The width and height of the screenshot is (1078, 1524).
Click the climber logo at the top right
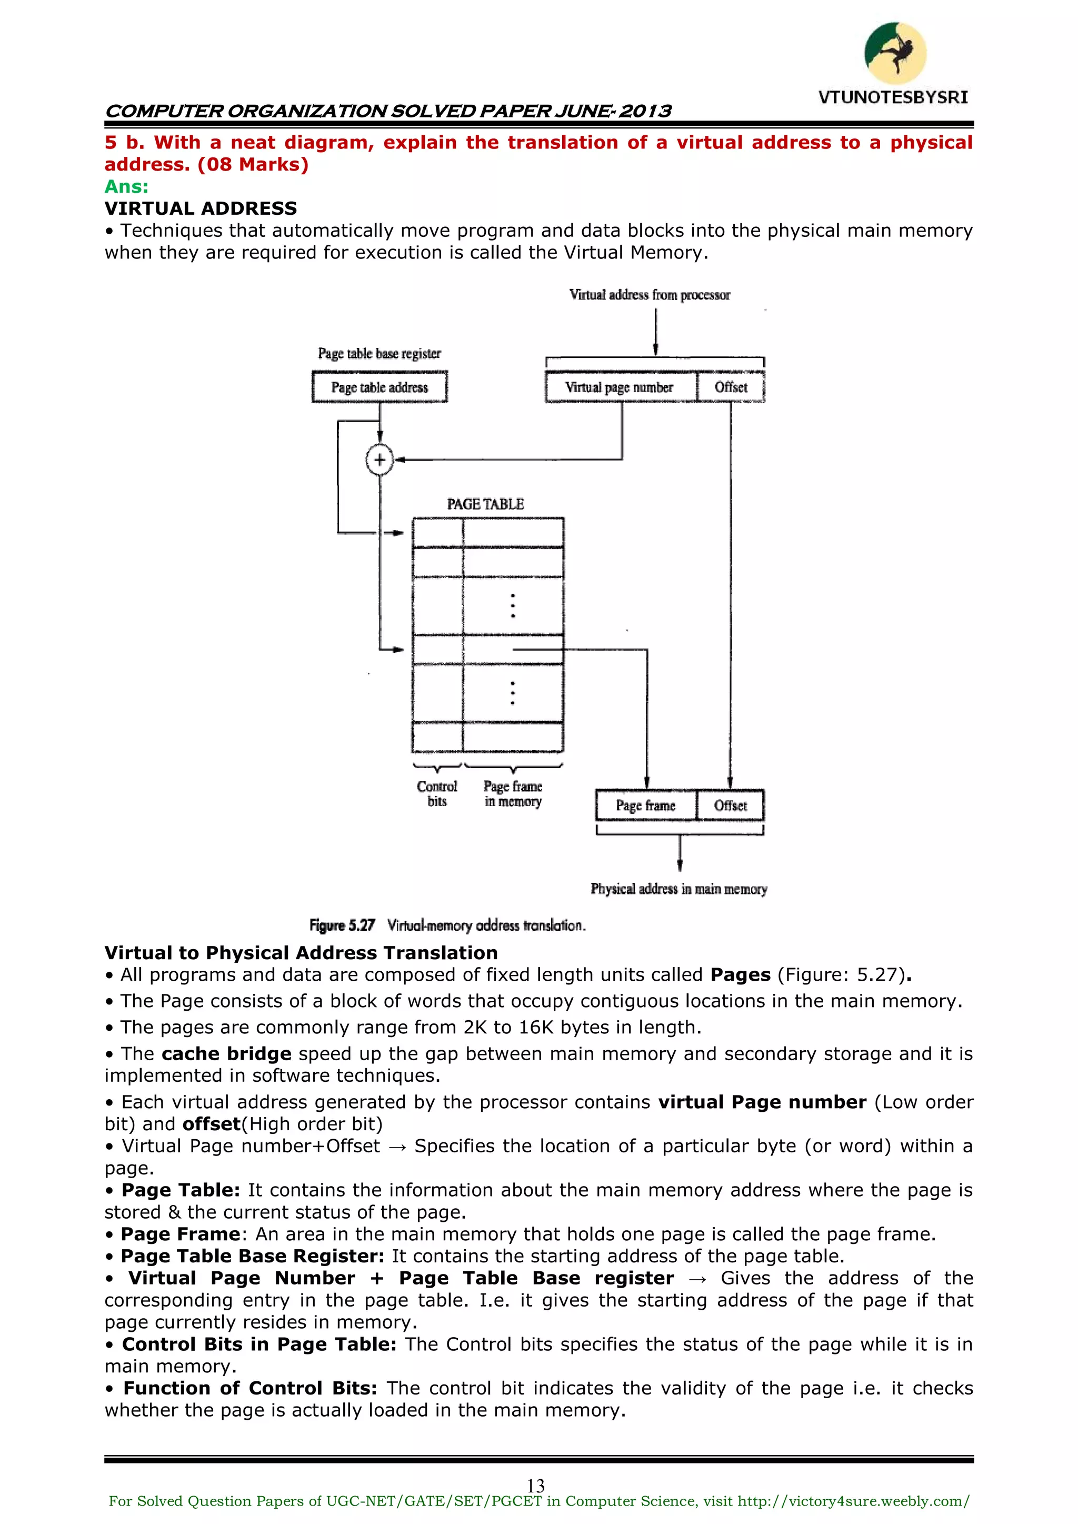[x=895, y=53]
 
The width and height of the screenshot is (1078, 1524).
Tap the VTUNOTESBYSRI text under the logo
[x=893, y=97]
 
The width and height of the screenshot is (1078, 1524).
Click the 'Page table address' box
[x=380, y=387]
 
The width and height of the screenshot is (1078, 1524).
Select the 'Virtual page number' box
[x=620, y=387]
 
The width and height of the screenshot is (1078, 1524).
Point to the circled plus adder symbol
[x=380, y=460]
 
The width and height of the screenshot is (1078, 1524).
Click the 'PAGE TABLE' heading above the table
[x=485, y=504]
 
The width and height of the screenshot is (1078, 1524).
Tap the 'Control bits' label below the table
[x=437, y=794]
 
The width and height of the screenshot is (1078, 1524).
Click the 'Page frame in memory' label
[x=513, y=794]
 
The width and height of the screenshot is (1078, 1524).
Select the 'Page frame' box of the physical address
[x=645, y=806]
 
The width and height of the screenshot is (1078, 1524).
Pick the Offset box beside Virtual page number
[x=731, y=387]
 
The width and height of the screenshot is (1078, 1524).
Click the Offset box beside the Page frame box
[x=730, y=806]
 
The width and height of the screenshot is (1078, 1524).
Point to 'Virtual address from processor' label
[x=649, y=295]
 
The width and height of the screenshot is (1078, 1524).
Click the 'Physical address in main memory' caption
[x=678, y=889]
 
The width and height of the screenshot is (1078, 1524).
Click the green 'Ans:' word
[x=126, y=186]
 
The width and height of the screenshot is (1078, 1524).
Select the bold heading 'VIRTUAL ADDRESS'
[x=201, y=208]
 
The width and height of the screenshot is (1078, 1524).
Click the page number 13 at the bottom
[x=536, y=1486]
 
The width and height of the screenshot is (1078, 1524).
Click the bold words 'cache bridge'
[x=226, y=1054]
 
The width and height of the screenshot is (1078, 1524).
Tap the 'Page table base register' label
[x=379, y=353]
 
